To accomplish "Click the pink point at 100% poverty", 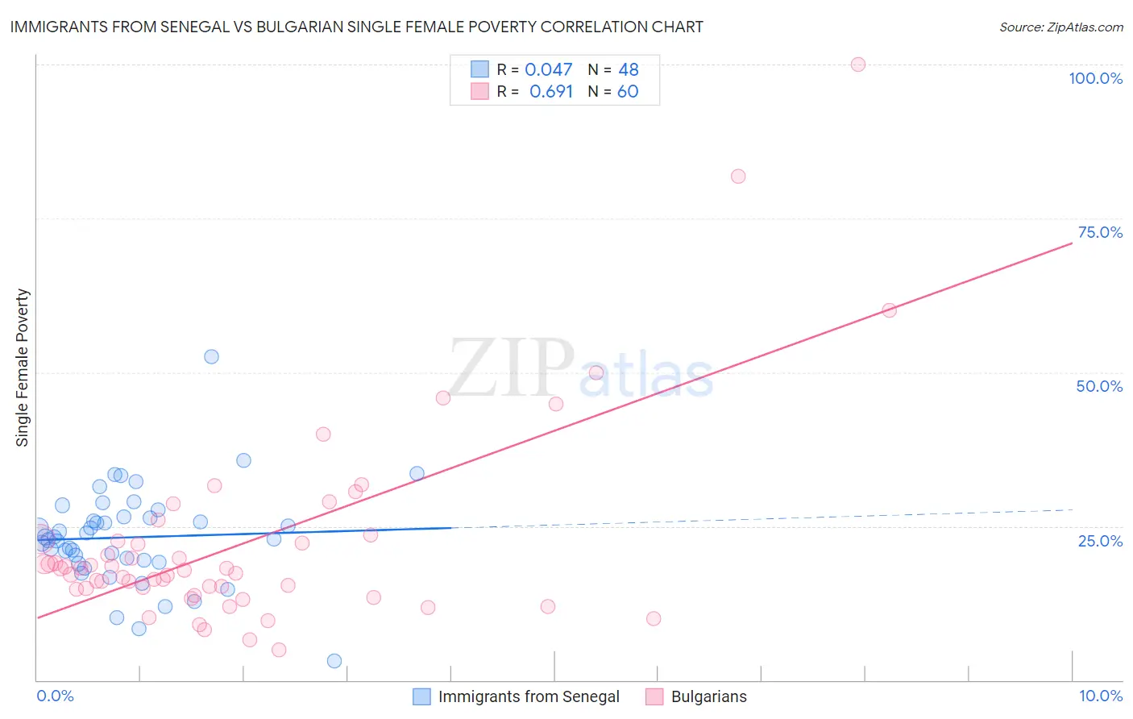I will (x=858, y=64).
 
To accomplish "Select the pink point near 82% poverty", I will (x=738, y=177).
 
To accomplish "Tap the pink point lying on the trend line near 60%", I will (x=890, y=310).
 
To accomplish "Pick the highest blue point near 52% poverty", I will (x=211, y=356).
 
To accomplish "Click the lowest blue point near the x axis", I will (x=334, y=661).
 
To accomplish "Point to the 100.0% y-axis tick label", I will (x=1095, y=78).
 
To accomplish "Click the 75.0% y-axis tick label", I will (x=1100, y=232).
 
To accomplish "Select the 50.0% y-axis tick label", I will (x=1099, y=386).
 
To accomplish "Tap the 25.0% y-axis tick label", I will (x=1100, y=540).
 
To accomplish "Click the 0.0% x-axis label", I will (x=55, y=696).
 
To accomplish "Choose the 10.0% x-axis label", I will (x=1100, y=696).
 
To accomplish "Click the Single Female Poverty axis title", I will (x=23, y=368).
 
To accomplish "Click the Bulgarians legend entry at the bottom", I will (x=708, y=696).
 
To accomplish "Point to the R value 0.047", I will (x=548, y=70).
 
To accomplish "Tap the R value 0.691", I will (x=550, y=92).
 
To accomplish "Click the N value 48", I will (x=629, y=70).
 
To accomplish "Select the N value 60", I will (x=628, y=92).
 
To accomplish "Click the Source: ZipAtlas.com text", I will (x=1060, y=27).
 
